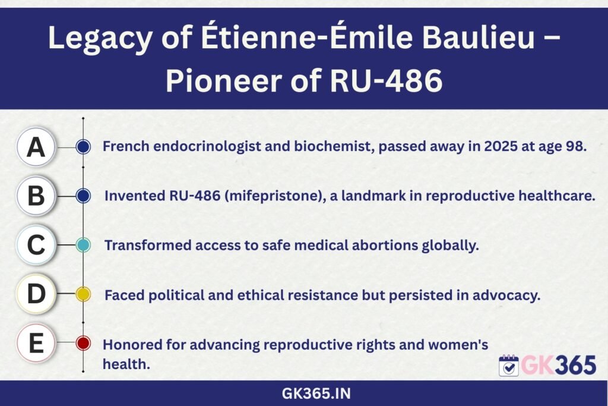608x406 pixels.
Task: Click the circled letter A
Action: click(36, 147)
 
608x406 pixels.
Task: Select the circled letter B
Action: click(36, 196)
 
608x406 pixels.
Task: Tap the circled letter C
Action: click(36, 245)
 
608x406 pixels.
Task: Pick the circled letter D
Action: click(36, 294)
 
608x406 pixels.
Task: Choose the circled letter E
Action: click(36, 343)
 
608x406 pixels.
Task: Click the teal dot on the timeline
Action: click(83, 245)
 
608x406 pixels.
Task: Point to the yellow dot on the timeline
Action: click(83, 294)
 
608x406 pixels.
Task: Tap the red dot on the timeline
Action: click(83, 343)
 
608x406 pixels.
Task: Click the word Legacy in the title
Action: click(100, 39)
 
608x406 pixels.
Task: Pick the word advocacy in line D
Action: click(506, 295)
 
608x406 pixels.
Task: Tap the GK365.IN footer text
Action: click(316, 394)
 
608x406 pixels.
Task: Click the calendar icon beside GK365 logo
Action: click(509, 366)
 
